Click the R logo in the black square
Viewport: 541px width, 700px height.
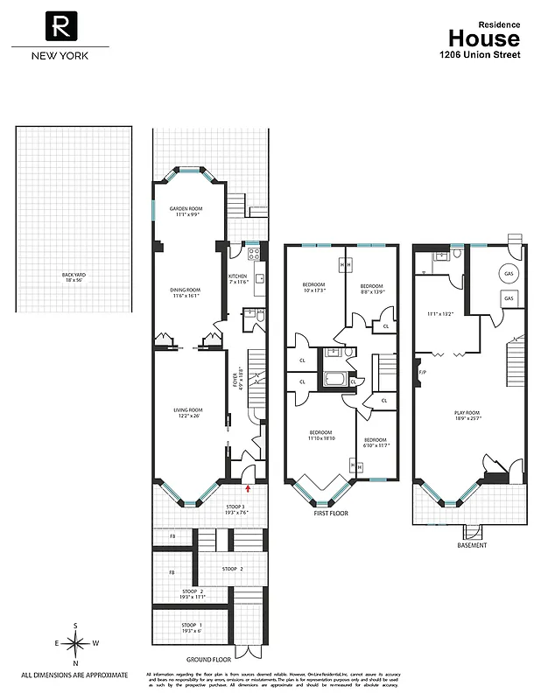point(60,27)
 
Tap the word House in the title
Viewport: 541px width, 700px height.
point(483,38)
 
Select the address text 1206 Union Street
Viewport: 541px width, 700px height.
point(480,54)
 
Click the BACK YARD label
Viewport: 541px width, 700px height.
point(74,276)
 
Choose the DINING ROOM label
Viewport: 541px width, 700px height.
point(186,291)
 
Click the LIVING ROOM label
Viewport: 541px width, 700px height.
point(188,412)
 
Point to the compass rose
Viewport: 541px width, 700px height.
point(76,643)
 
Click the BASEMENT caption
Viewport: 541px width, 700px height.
point(472,545)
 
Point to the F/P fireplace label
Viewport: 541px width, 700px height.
point(422,374)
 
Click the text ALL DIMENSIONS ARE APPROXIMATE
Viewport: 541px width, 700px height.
point(74,675)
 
